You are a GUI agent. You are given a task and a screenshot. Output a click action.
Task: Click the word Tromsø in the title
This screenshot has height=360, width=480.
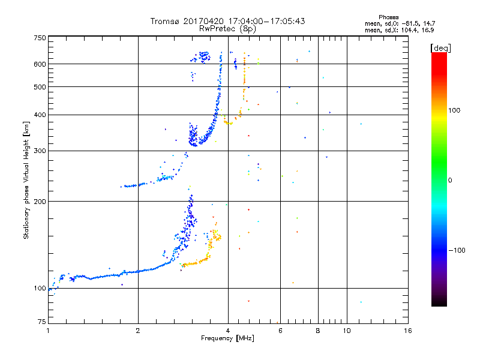pyautogui.click(x=164, y=21)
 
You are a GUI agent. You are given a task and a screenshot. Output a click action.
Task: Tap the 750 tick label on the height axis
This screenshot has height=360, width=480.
pyautogui.click(x=40, y=38)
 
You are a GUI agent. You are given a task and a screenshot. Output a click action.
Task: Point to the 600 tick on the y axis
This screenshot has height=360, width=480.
pyautogui.click(x=40, y=64)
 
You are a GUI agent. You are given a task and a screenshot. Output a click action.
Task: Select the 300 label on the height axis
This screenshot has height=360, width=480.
pyautogui.click(x=40, y=151)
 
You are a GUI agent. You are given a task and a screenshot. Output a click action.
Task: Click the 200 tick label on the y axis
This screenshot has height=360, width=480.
pyautogui.click(x=40, y=202)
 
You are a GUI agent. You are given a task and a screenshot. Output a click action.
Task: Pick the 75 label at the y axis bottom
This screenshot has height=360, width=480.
pyautogui.click(x=42, y=322)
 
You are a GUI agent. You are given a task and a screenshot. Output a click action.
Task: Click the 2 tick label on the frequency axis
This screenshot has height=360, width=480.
pyautogui.click(x=138, y=331)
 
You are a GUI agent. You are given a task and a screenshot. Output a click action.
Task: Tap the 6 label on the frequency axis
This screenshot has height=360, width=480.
pyautogui.click(x=280, y=331)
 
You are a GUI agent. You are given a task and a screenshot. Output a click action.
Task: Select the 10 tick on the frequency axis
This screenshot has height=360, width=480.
pyautogui.click(x=347, y=331)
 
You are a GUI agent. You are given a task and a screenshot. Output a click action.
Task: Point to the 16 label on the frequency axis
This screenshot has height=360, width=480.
pyautogui.click(x=408, y=331)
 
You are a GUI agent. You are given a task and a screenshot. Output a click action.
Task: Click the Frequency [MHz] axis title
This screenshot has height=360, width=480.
pyautogui.click(x=227, y=338)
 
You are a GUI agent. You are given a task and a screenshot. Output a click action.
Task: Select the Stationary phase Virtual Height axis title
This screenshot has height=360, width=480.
pyautogui.click(x=26, y=181)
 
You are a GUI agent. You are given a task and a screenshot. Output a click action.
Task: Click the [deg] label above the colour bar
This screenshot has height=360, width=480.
pyautogui.click(x=440, y=48)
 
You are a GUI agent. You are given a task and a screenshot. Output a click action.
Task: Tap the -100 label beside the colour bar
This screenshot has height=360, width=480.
pyautogui.click(x=457, y=250)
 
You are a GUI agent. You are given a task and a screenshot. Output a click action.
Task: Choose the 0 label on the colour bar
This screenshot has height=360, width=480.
pyautogui.click(x=450, y=181)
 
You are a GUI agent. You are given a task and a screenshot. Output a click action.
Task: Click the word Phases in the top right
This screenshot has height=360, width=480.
pyautogui.click(x=388, y=17)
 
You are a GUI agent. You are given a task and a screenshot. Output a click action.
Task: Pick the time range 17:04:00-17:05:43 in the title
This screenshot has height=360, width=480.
pyautogui.click(x=266, y=21)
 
